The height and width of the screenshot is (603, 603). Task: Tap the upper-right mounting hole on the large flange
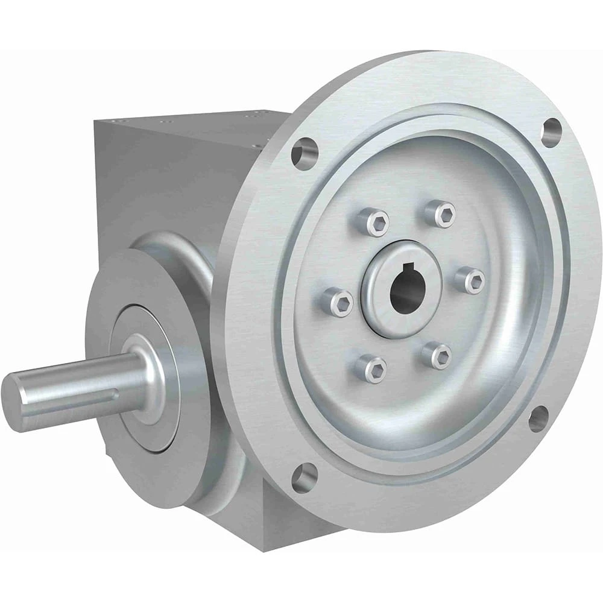(x=551, y=132)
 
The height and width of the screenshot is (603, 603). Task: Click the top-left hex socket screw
(x=370, y=221)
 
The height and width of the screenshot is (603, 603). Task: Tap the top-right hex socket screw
(x=440, y=213)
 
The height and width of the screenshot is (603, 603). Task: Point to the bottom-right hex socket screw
(x=437, y=355)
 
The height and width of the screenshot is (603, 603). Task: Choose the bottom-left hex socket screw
(x=370, y=368)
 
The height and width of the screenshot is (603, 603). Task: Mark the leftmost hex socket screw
(x=338, y=301)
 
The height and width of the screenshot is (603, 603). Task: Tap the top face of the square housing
(x=199, y=124)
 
